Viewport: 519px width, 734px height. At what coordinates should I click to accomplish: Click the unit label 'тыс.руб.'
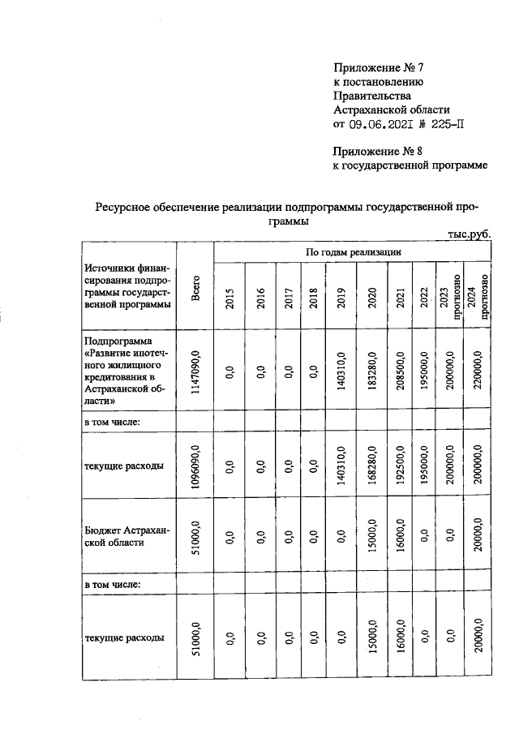(x=469, y=234)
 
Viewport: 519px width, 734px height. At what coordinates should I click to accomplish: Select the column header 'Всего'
(x=195, y=290)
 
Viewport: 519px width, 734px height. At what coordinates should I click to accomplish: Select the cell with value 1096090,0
(x=195, y=466)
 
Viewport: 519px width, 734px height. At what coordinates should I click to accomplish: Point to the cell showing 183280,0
(x=371, y=372)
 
